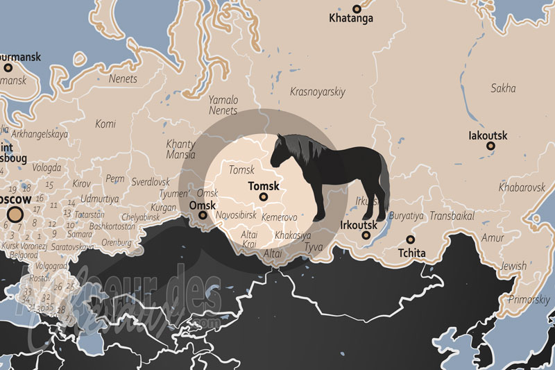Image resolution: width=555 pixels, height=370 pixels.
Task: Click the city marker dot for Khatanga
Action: pyautogui.click(x=357, y=9)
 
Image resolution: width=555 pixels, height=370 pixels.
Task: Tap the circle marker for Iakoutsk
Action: pyautogui.click(x=490, y=146)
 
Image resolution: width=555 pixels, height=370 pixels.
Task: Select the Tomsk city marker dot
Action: pyautogui.click(x=263, y=197)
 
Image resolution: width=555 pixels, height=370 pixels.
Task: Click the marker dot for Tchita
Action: pyautogui.click(x=411, y=239)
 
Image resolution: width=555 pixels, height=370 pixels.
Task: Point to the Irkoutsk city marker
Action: pyautogui.click(x=366, y=235)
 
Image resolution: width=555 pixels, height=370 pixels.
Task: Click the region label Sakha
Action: pyautogui.click(x=503, y=88)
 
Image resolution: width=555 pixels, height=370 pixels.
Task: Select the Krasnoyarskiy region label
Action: pyautogui.click(x=318, y=91)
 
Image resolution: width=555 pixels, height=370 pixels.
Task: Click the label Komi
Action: pyautogui.click(x=105, y=124)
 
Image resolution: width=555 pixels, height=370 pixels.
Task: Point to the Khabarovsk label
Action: pyautogui.click(x=522, y=187)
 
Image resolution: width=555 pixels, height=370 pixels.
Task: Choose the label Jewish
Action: pyautogui.click(x=513, y=266)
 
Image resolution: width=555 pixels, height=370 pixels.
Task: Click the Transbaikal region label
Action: pyautogui.click(x=452, y=216)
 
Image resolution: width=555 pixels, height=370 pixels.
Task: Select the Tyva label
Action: pyautogui.click(x=314, y=247)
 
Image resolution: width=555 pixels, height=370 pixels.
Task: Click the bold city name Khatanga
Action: pyautogui.click(x=351, y=19)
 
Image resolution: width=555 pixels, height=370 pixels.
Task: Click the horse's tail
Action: pyautogui.click(x=383, y=177)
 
